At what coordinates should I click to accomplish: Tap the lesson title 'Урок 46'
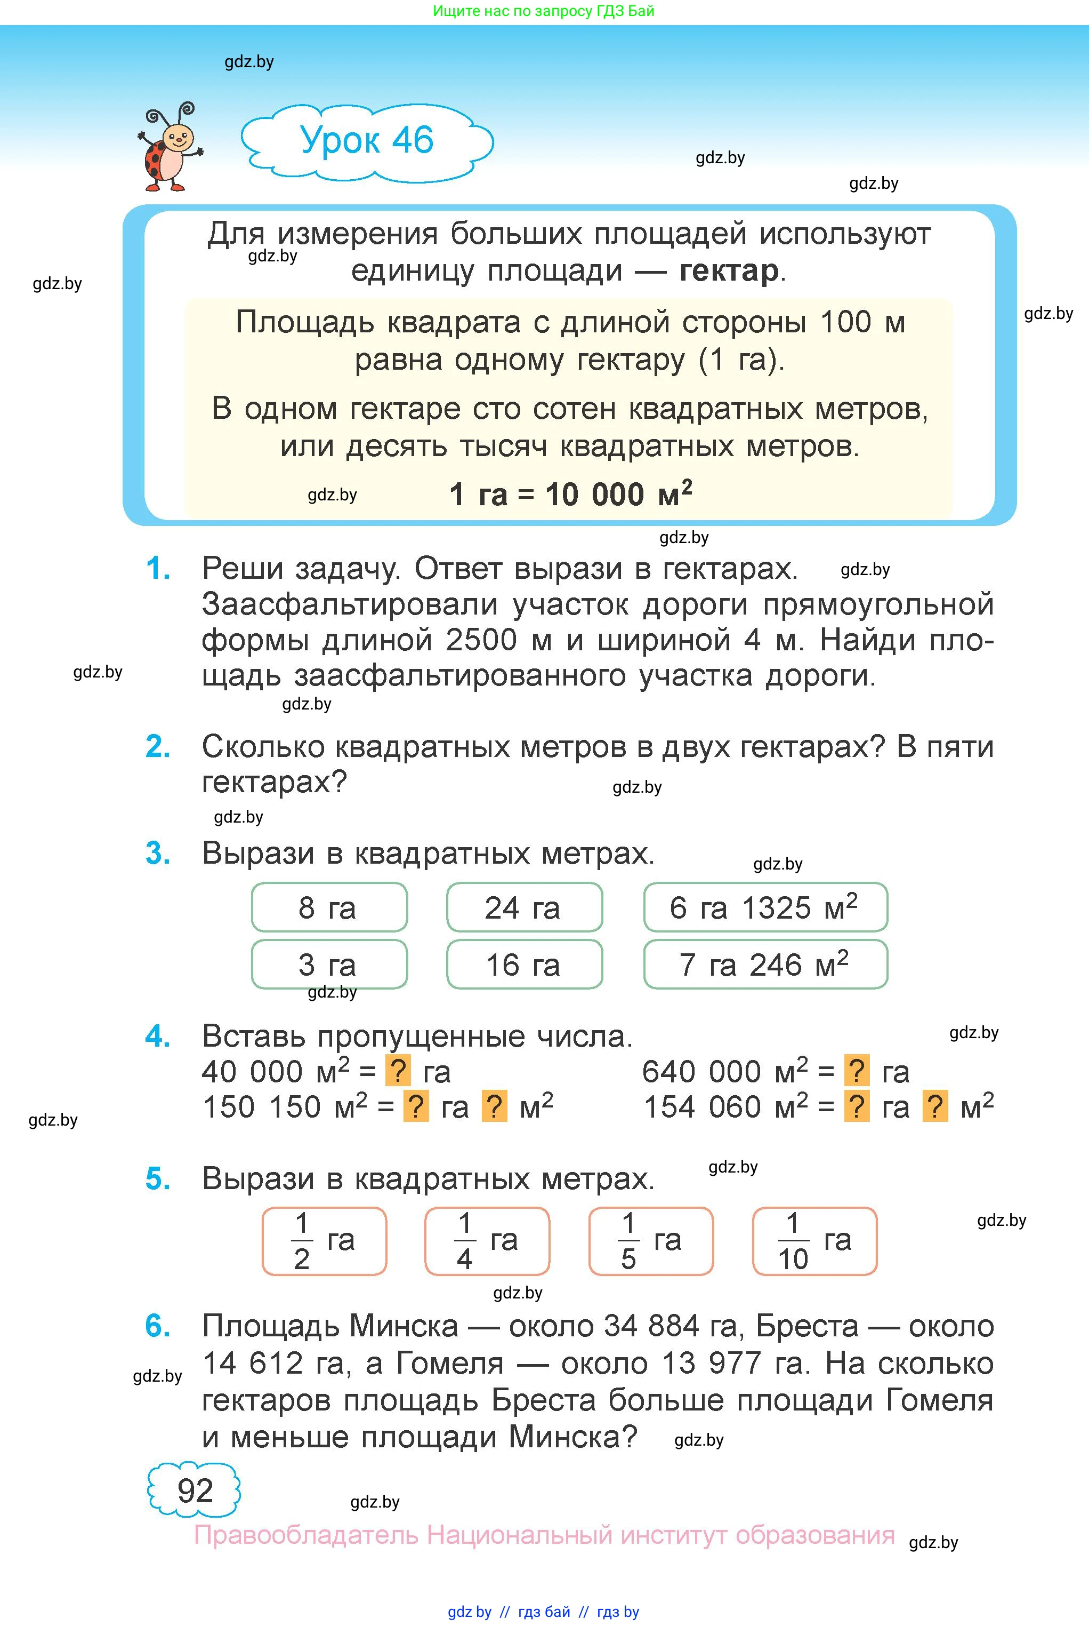(367, 140)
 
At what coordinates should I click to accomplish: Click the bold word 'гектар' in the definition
(729, 271)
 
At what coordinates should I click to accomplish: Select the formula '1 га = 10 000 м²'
(570, 495)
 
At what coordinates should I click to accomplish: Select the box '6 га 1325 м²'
(765, 907)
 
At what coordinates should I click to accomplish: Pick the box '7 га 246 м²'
(765, 965)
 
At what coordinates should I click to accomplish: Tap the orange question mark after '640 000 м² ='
(857, 1072)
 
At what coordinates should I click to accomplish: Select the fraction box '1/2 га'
(324, 1241)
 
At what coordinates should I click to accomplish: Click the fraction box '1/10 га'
(814, 1241)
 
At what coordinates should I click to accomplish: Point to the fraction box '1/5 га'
(651, 1241)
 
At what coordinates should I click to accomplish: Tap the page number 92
(195, 1491)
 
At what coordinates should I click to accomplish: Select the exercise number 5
(158, 1179)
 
